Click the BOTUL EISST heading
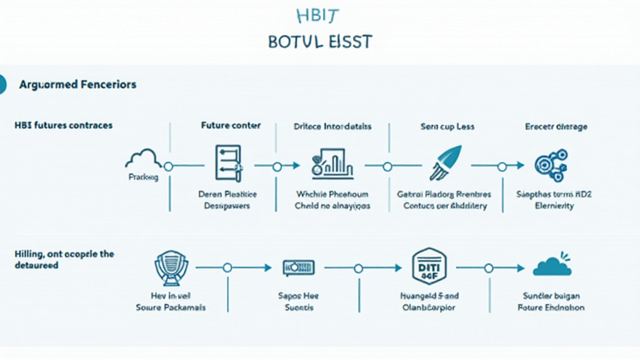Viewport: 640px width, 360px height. [320, 42]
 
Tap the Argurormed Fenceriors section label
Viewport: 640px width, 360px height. [77, 84]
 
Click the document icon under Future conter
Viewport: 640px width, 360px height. [227, 164]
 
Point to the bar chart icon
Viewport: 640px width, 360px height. [332, 163]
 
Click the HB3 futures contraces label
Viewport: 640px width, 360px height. [63, 126]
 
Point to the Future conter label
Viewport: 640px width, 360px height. [231, 126]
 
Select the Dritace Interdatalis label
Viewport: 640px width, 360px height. [332, 126]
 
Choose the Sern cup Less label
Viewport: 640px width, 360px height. [447, 126]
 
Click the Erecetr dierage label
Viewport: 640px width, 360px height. [556, 126]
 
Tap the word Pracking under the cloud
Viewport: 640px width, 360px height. [143, 177]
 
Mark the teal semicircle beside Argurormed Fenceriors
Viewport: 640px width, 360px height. [2, 84]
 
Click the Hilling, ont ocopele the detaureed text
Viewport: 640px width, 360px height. [64, 259]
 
